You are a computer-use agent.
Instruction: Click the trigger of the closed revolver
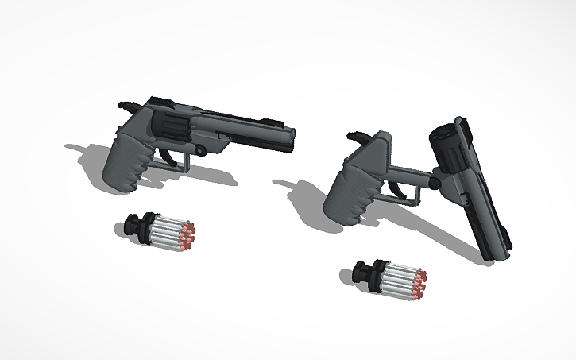coord(168,150)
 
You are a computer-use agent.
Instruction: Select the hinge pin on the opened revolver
coord(434,184)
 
